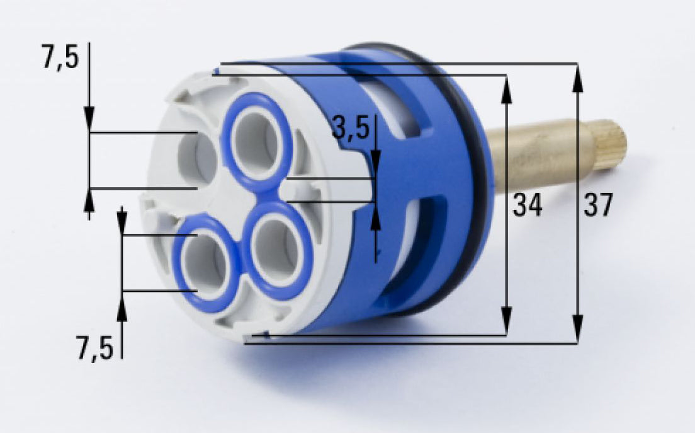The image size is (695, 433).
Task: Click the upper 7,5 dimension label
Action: (60, 58)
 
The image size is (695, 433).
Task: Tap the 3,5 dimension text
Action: (350, 129)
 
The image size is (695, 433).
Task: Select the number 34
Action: (527, 205)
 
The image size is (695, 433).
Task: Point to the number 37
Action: (597, 205)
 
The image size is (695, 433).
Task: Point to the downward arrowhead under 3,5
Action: (375, 166)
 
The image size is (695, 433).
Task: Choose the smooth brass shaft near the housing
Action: (541, 158)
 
